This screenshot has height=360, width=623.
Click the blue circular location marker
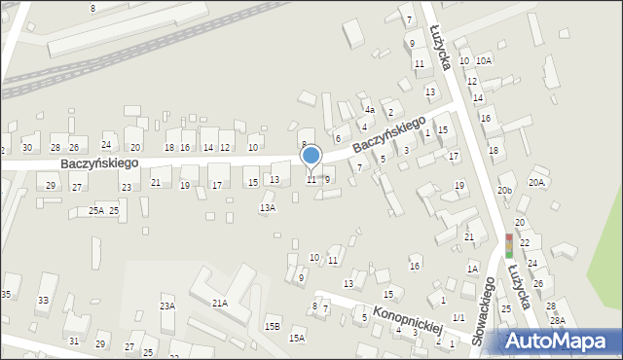[x=311, y=156]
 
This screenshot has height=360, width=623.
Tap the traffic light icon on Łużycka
[x=508, y=245]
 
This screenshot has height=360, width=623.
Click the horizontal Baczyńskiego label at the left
[x=99, y=163]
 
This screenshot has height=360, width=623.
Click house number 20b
[x=504, y=191]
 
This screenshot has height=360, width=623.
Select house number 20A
[x=536, y=182]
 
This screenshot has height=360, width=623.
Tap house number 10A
[x=484, y=60]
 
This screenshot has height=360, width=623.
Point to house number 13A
[x=267, y=208]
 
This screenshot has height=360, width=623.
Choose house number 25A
[x=96, y=210]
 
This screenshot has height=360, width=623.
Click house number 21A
[x=219, y=304]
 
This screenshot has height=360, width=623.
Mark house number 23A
[x=167, y=306]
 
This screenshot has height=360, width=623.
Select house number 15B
[x=273, y=326]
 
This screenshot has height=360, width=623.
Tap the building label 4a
[x=370, y=111]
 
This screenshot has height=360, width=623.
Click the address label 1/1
[x=458, y=305]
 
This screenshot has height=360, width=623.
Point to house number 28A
[x=557, y=320]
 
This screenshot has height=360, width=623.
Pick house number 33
[x=42, y=302]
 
